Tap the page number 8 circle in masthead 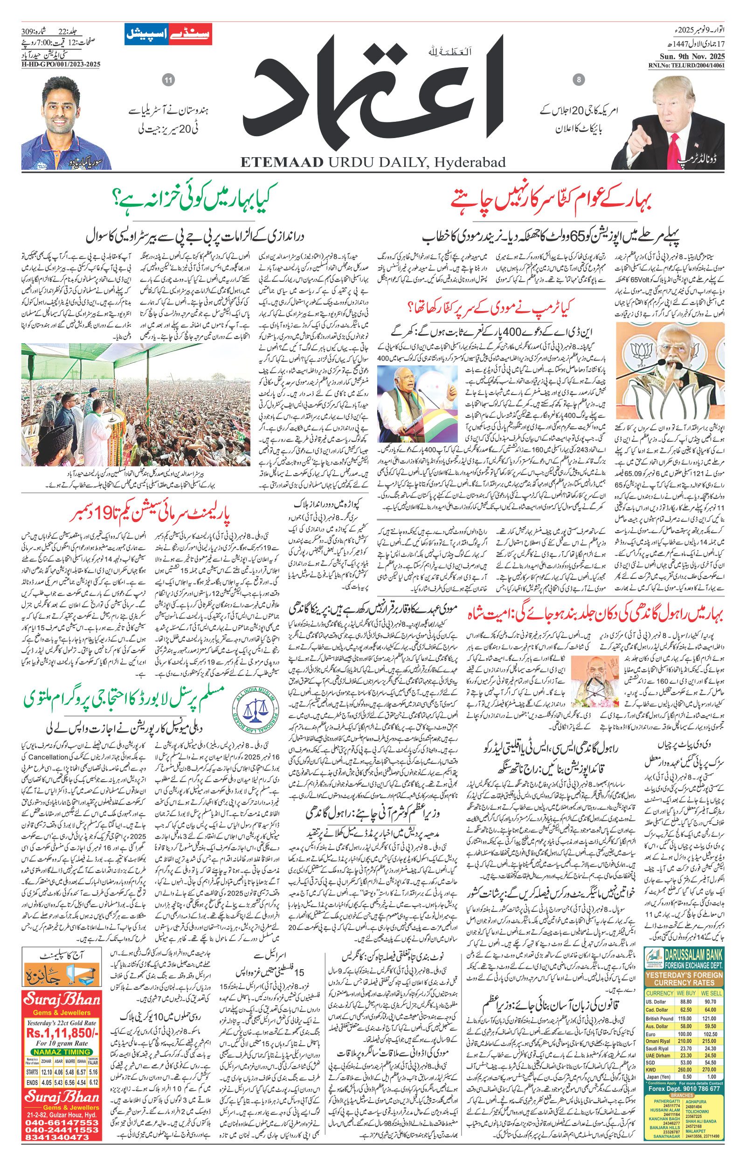[579, 80]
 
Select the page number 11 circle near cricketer [168, 80]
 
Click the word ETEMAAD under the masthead [282, 162]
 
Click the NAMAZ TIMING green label [62, 1052]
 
